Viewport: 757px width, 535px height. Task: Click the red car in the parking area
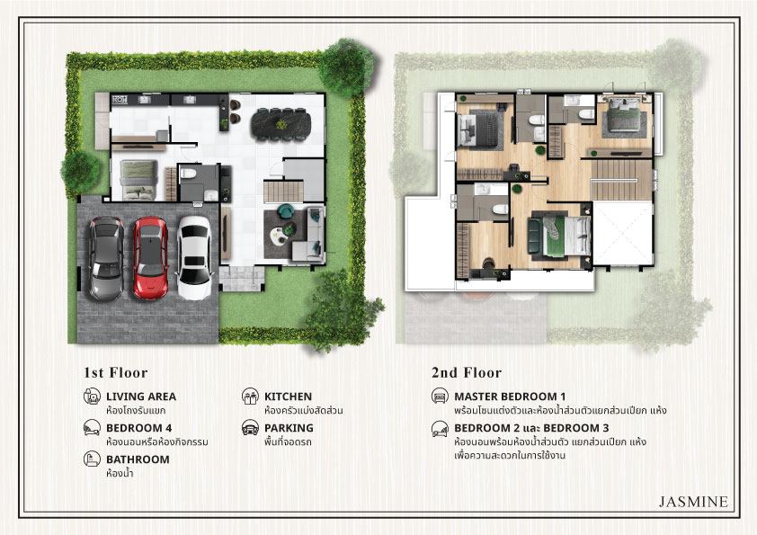click(x=150, y=258)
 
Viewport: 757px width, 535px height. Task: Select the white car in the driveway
click(x=194, y=258)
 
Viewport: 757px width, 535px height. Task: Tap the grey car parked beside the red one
click(x=106, y=259)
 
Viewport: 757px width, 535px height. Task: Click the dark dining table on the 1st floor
click(x=281, y=124)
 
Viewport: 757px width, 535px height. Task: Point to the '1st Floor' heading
click(x=115, y=373)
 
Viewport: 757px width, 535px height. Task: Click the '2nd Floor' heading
click(x=467, y=373)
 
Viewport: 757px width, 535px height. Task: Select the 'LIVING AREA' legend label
click(x=141, y=397)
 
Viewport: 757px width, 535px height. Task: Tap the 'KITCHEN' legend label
click(x=289, y=397)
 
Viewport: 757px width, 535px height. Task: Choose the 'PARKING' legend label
click(x=289, y=428)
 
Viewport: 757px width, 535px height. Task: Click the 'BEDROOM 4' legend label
click(x=139, y=428)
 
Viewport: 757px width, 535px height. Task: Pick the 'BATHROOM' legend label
click(x=138, y=459)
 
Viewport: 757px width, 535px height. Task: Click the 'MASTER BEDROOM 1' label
click(x=510, y=397)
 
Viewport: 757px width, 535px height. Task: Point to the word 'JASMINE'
click(x=693, y=502)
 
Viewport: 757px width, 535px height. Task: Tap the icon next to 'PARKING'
click(x=250, y=428)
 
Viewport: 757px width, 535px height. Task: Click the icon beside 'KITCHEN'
click(x=250, y=396)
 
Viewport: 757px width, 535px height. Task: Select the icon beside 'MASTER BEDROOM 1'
click(x=440, y=396)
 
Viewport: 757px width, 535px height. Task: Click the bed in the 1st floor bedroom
click(x=138, y=180)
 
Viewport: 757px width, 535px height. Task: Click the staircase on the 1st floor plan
click(x=283, y=192)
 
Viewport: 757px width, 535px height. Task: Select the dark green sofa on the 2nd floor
click(x=534, y=236)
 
